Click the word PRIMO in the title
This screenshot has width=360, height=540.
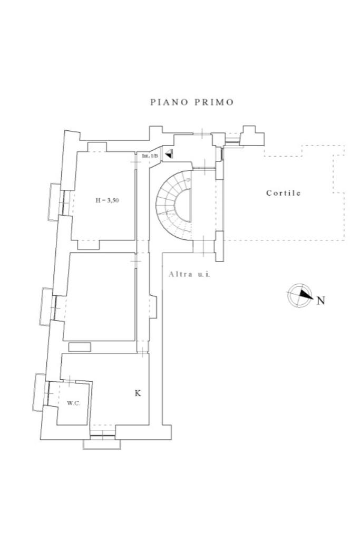pos(214,102)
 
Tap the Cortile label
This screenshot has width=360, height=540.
pos(283,193)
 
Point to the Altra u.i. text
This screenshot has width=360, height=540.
pos(190,274)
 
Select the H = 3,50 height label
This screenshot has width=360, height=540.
pos(106,200)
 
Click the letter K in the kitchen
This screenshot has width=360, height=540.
pos(138,393)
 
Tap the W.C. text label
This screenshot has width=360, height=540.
pos(73,403)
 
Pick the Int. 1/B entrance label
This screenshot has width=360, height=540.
pos(150,157)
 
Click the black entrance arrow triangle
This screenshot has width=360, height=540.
pos(169,155)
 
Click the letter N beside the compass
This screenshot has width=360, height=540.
pos(320,301)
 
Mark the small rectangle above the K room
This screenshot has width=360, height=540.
pos(80,347)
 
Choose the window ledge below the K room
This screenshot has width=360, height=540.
pos(102,444)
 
